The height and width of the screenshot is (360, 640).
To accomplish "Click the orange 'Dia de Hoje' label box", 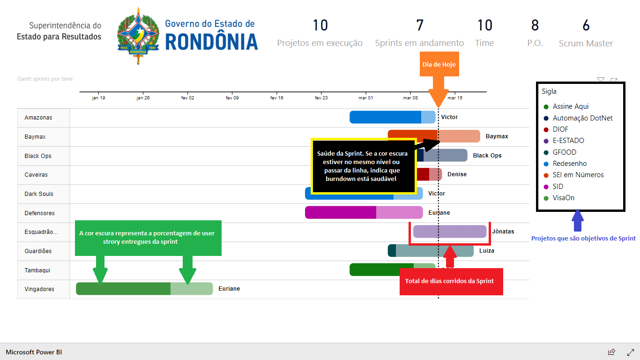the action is (439, 64).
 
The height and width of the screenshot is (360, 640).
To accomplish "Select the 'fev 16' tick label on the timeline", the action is (276, 98).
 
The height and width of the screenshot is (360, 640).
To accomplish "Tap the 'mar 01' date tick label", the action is (366, 98).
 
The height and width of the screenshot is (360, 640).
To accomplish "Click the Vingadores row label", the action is (39, 289).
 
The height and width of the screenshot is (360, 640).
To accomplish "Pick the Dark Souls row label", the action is (39, 194).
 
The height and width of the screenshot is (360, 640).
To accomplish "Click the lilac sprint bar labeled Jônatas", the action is (450, 231).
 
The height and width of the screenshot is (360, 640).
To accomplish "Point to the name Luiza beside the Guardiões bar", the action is (487, 250).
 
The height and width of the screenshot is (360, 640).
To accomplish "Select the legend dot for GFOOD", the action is (546, 152).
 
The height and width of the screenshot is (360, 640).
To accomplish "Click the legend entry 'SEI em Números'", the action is (578, 175).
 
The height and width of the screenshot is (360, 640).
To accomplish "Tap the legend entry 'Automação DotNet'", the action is (582, 118).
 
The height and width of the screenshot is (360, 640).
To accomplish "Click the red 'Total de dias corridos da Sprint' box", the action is (451, 281).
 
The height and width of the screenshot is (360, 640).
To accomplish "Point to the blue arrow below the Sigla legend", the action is (578, 220).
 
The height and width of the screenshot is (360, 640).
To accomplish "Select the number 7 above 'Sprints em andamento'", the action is (419, 25).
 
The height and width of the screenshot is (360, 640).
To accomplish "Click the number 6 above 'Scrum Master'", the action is (586, 25).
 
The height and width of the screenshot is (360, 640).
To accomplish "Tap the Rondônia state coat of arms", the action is (138, 36).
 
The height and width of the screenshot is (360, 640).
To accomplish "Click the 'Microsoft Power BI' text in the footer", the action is (34, 352).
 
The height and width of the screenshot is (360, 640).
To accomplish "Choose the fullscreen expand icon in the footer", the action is (631, 352).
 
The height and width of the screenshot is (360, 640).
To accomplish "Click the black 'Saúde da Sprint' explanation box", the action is (364, 166).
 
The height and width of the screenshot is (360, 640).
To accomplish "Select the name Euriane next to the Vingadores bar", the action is (229, 288).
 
